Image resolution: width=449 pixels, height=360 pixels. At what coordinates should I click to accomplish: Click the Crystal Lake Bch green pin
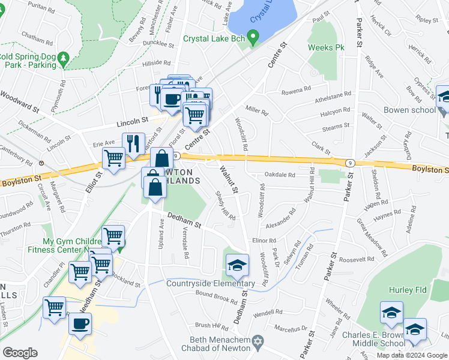coord(253,40)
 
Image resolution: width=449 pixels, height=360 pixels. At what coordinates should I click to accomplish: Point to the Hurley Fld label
coord(408,290)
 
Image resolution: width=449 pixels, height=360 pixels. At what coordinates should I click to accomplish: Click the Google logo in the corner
coord(20,353)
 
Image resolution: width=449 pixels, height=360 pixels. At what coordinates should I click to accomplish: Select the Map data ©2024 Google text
coord(412,355)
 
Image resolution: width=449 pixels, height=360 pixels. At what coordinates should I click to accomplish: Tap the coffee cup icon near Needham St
coord(80,323)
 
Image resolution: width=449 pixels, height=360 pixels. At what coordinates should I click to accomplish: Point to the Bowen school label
coord(410,110)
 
